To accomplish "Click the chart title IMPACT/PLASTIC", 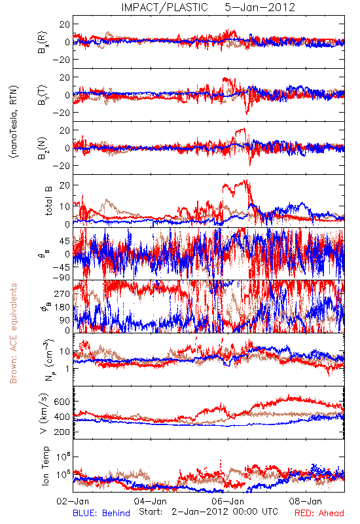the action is point(164,7).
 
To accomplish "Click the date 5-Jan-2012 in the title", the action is point(260,7).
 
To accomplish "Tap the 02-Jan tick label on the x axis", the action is point(73,501).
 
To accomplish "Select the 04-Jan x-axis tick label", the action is point(151,501).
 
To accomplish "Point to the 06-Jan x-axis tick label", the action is point(228,501).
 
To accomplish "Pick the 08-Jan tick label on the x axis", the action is point(305,501).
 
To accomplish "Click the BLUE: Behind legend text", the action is point(101,513).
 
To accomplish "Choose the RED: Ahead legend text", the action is point(319,513).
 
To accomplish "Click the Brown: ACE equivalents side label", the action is point(13,333).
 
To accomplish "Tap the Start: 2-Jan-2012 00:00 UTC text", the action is point(208,512).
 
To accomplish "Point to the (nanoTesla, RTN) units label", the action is point(14,122).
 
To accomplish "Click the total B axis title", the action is point(48,201).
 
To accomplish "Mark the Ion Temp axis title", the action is point(45,465).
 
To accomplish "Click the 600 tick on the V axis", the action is point(62,402).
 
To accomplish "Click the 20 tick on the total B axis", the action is point(64,185).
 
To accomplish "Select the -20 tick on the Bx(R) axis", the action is point(62,60).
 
